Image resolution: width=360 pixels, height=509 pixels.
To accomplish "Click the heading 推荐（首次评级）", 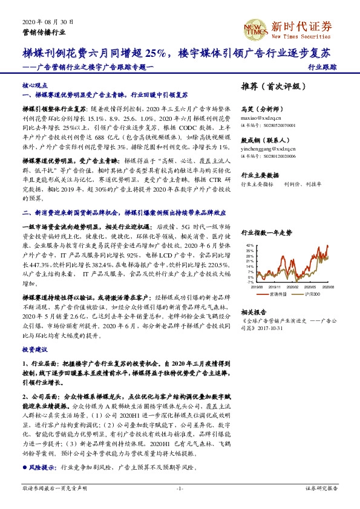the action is coord(270,86).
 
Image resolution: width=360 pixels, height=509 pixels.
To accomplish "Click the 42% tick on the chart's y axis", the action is coord(250,245).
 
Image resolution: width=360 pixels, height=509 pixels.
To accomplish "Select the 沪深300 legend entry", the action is coord(313,294).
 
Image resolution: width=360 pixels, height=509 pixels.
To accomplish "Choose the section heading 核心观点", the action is coord(34,86).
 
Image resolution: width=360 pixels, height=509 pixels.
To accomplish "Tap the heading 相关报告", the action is coord(254,312).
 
